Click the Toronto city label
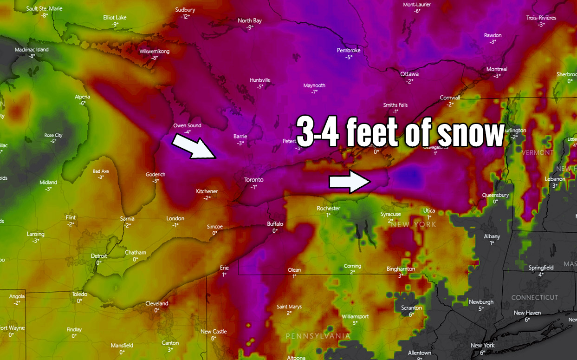click(254, 180)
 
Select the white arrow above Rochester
click(350, 182)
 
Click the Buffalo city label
click(275, 224)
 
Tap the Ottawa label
click(409, 74)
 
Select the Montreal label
click(497, 69)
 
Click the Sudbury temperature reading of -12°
click(186, 17)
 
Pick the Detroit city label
click(99, 256)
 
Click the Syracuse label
click(390, 214)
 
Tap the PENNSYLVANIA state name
click(318, 335)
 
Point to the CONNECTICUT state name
click(534, 297)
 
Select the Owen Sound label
click(187, 125)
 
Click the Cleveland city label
click(157, 303)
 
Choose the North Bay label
click(250, 20)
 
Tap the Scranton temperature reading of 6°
click(411, 314)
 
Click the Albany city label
click(492, 236)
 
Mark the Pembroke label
click(349, 50)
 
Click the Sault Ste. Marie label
click(45, 8)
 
